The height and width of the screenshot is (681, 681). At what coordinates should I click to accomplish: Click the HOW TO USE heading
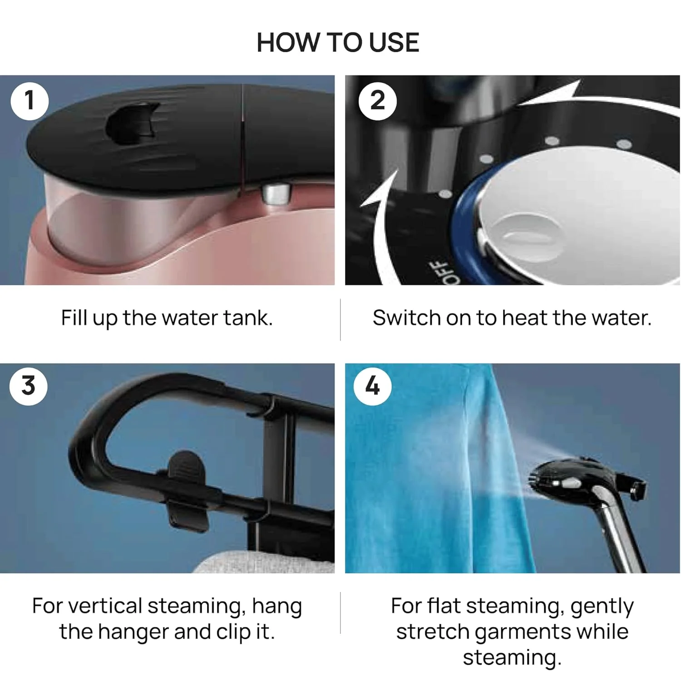tap(338, 43)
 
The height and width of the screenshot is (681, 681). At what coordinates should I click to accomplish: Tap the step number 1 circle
tap(29, 101)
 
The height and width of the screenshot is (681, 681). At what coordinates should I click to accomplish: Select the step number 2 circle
tap(377, 101)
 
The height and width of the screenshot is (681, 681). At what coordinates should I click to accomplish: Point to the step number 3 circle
tap(28, 386)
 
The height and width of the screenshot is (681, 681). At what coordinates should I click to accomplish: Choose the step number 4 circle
tap(372, 386)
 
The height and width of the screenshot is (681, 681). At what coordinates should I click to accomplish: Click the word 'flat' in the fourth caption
tap(444, 606)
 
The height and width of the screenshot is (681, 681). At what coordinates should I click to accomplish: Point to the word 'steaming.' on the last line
tap(512, 657)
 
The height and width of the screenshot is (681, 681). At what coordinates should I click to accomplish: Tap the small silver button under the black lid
tap(276, 194)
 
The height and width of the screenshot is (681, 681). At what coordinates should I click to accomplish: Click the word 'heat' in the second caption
tap(525, 318)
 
